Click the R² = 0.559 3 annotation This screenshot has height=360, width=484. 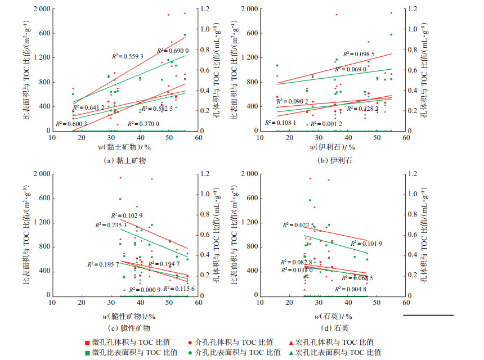(x=128, y=56)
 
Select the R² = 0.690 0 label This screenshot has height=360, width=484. (x=172, y=51)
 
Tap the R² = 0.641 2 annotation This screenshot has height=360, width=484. (x=89, y=107)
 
